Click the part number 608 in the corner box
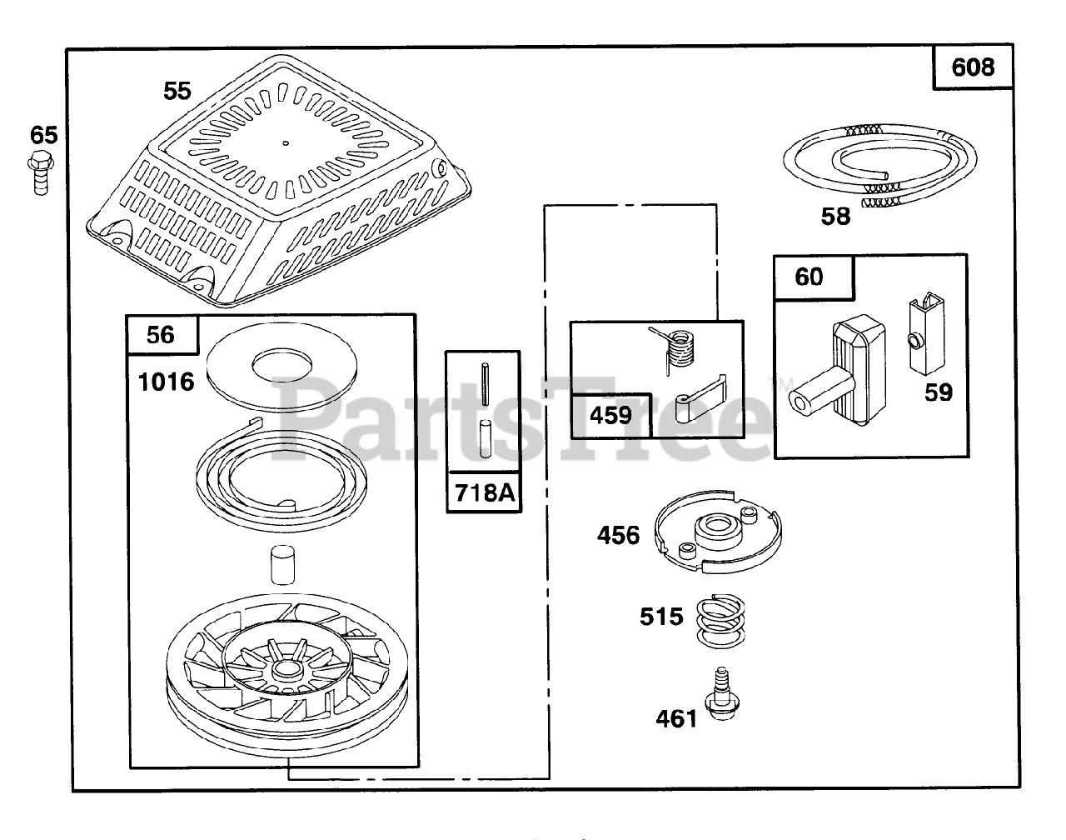(x=972, y=67)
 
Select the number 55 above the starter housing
(x=177, y=91)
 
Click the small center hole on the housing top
(x=285, y=143)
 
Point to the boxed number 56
(x=161, y=334)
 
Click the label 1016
(x=167, y=382)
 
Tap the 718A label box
(x=484, y=493)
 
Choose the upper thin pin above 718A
(x=484, y=382)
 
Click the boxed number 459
(x=610, y=415)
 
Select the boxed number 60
(x=809, y=277)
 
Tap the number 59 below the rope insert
(x=939, y=392)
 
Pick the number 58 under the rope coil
(x=835, y=217)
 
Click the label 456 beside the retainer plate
(x=618, y=535)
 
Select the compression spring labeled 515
(x=718, y=620)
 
